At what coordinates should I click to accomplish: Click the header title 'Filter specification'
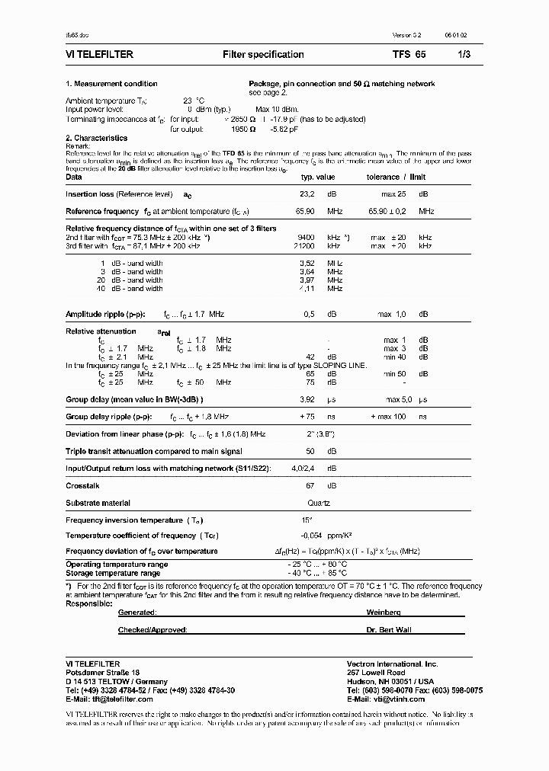click(x=263, y=55)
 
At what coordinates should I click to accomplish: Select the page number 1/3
click(x=464, y=55)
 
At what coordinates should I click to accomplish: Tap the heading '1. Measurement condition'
click(x=111, y=84)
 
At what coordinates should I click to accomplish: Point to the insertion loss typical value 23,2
click(x=308, y=194)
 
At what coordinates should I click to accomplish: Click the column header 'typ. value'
click(x=318, y=177)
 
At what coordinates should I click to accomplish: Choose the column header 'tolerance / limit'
click(x=394, y=177)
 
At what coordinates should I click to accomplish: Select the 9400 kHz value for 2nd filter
click(x=306, y=238)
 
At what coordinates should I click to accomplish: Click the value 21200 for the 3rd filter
click(x=304, y=246)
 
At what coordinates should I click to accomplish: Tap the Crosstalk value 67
click(x=310, y=485)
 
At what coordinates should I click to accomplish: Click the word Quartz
click(x=318, y=503)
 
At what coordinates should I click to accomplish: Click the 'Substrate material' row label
click(x=98, y=503)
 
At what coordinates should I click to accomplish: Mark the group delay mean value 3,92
click(x=307, y=399)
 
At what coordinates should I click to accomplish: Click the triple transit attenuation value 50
click(x=310, y=451)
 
